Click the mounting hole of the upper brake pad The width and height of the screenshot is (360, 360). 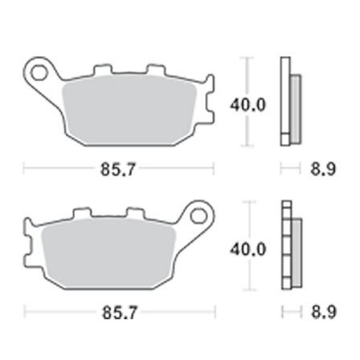click(38, 73)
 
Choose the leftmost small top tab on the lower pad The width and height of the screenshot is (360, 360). click(80, 213)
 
